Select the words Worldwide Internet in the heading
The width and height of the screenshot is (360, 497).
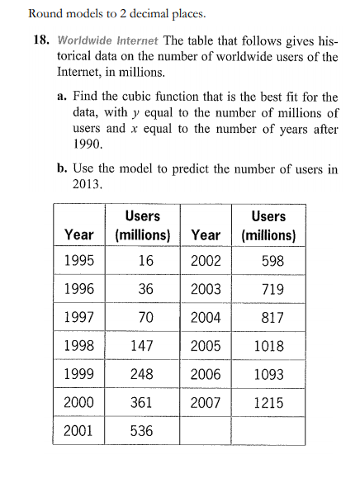click(107, 40)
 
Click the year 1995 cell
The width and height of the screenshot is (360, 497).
click(78, 262)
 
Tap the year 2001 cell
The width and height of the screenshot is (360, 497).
click(78, 430)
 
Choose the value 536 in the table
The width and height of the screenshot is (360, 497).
click(141, 430)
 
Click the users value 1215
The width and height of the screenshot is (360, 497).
click(268, 402)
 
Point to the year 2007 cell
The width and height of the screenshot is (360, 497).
click(206, 402)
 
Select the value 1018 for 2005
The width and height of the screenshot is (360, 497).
click(268, 346)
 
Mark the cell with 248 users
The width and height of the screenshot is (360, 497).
click(141, 374)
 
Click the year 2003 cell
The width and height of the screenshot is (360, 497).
click(206, 290)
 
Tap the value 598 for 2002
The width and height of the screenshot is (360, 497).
click(268, 262)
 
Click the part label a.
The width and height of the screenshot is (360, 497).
click(63, 96)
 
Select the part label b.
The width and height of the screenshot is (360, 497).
click(63, 168)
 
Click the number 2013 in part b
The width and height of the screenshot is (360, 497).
click(88, 184)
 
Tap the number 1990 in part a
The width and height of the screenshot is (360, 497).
click(88, 144)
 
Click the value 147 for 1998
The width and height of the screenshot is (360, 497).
click(141, 346)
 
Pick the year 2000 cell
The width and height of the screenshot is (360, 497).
click(78, 402)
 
